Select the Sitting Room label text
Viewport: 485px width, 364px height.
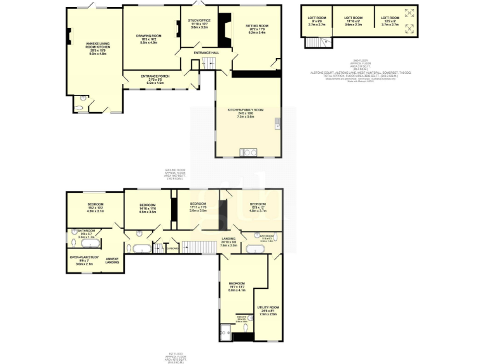tap(257, 28)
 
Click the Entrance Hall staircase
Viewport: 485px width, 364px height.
tap(209, 62)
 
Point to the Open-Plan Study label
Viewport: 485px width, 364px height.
tap(84, 259)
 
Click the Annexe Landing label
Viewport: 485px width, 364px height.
tap(112, 260)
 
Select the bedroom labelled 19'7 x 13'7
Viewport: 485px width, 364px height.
tap(236, 286)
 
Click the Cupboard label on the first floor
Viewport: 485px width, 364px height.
tap(171, 248)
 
